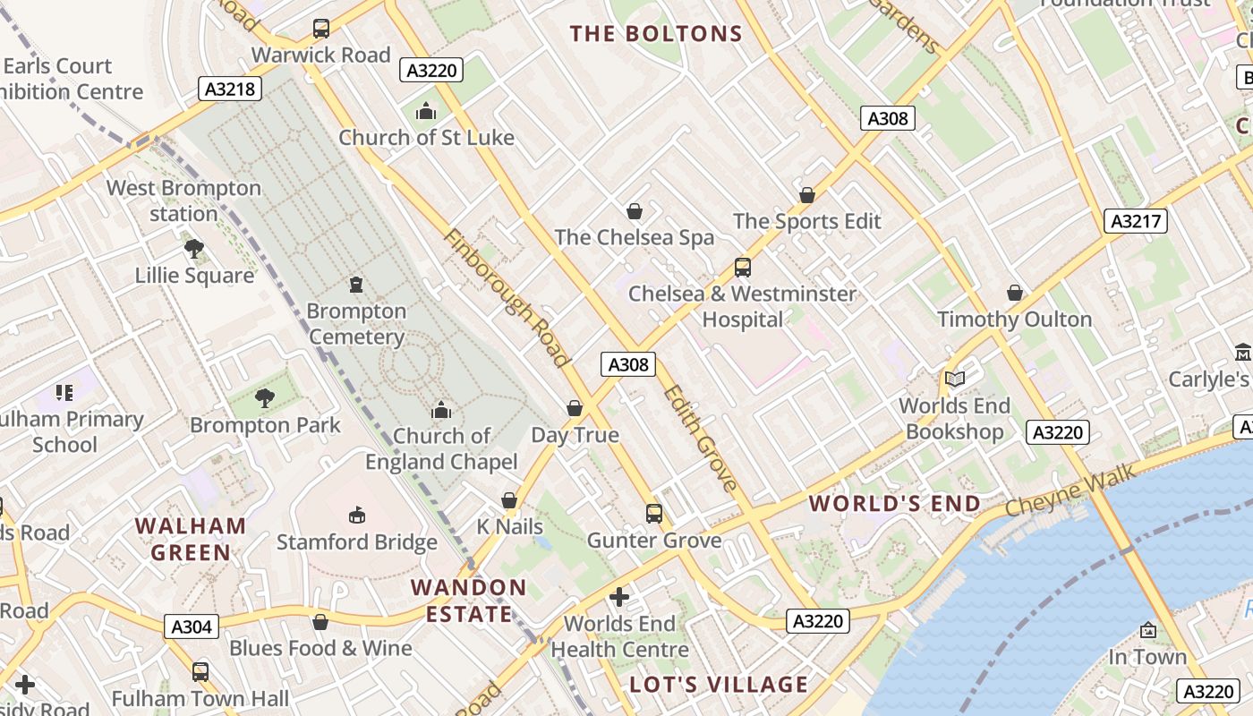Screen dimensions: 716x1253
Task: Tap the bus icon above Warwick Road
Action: (321, 29)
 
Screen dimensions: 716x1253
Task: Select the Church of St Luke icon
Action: (426, 112)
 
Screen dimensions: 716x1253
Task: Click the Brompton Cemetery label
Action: (356, 324)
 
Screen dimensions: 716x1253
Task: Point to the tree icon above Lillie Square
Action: (193, 249)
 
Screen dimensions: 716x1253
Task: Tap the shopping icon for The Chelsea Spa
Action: (635, 211)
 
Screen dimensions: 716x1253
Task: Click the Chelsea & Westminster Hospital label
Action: (742, 306)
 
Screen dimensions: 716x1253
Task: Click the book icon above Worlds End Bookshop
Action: (955, 379)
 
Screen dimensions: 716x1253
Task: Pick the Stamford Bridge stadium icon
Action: (356, 515)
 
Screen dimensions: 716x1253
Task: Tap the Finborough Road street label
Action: (507, 298)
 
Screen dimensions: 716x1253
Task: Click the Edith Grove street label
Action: (701, 439)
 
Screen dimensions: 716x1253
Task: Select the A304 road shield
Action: (192, 626)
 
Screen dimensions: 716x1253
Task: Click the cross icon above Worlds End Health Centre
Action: (619, 597)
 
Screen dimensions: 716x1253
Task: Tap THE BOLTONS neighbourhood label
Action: (657, 34)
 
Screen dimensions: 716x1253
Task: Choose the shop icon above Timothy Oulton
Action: (1015, 293)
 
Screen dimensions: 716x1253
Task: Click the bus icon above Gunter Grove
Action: (654, 514)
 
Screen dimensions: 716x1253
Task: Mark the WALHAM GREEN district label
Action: (190, 539)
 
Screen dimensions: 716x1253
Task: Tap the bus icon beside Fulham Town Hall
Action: (200, 671)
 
